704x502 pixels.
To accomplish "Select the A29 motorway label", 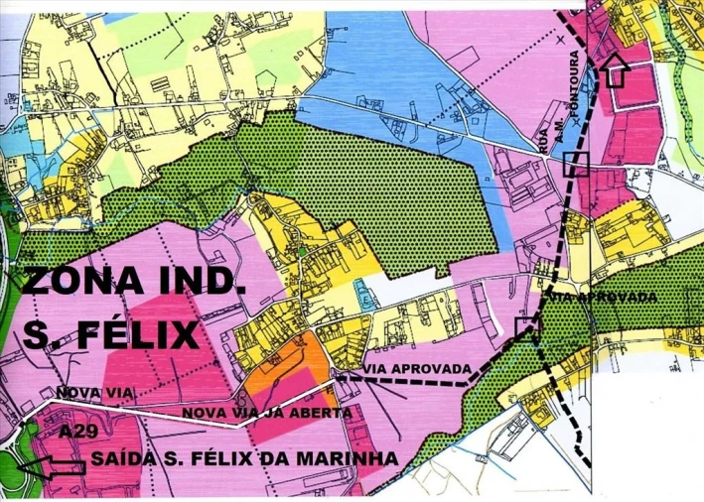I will (x=77, y=433).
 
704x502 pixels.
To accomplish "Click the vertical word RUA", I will (x=542, y=142).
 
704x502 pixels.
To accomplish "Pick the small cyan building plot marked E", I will (x=364, y=299).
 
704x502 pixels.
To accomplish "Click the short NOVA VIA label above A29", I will (x=94, y=393).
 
